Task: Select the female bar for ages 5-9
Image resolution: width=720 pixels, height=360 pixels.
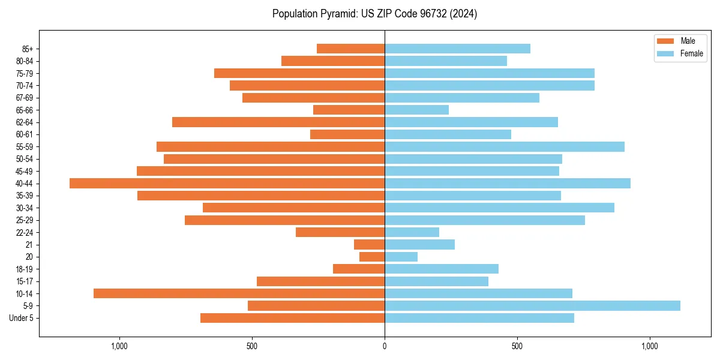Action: click(532, 305)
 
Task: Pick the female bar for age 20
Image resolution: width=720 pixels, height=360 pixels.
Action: click(401, 257)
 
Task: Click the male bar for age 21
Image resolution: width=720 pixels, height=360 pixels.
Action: click(369, 244)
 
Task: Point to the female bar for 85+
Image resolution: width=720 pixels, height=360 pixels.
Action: click(457, 49)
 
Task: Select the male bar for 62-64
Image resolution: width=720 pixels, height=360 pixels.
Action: click(278, 122)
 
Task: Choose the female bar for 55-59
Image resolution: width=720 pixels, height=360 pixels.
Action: click(505, 146)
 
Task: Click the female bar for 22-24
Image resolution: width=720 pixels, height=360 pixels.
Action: click(412, 232)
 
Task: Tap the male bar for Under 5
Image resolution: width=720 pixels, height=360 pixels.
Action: click(292, 318)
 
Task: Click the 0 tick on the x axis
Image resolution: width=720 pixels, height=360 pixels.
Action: click(385, 346)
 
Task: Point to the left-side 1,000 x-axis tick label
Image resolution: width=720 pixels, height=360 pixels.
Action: click(119, 346)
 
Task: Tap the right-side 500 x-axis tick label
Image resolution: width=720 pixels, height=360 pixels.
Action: click(517, 346)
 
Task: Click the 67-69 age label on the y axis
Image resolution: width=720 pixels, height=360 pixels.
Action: click(25, 98)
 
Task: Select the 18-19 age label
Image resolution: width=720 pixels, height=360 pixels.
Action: click(25, 269)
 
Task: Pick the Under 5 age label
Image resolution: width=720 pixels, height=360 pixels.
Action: click(22, 318)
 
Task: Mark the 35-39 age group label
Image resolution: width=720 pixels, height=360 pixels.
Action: click(25, 196)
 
